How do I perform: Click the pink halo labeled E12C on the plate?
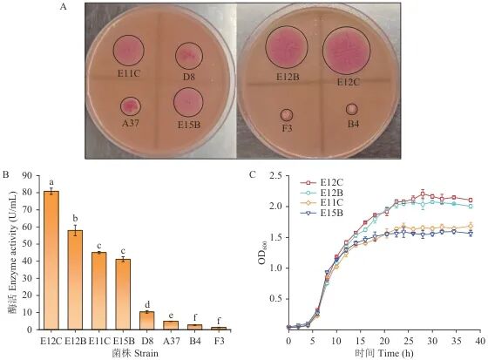click(x=347, y=51)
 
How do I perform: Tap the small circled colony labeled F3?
click(x=287, y=115)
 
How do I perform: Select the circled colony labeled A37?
click(x=131, y=106)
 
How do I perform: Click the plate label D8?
click(x=188, y=77)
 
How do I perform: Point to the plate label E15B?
click(x=189, y=125)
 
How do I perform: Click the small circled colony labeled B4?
click(x=352, y=109)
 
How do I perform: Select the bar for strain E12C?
click(x=51, y=261)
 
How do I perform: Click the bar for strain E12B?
click(x=75, y=280)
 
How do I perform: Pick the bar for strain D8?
click(x=147, y=321)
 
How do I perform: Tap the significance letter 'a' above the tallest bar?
click(x=51, y=182)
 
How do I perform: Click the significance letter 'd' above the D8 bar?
click(x=147, y=304)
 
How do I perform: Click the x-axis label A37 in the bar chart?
click(x=172, y=341)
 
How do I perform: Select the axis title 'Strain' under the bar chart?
click(x=146, y=353)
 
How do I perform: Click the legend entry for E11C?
click(x=322, y=203)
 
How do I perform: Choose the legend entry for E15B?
click(x=322, y=213)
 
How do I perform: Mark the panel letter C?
click(x=253, y=174)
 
